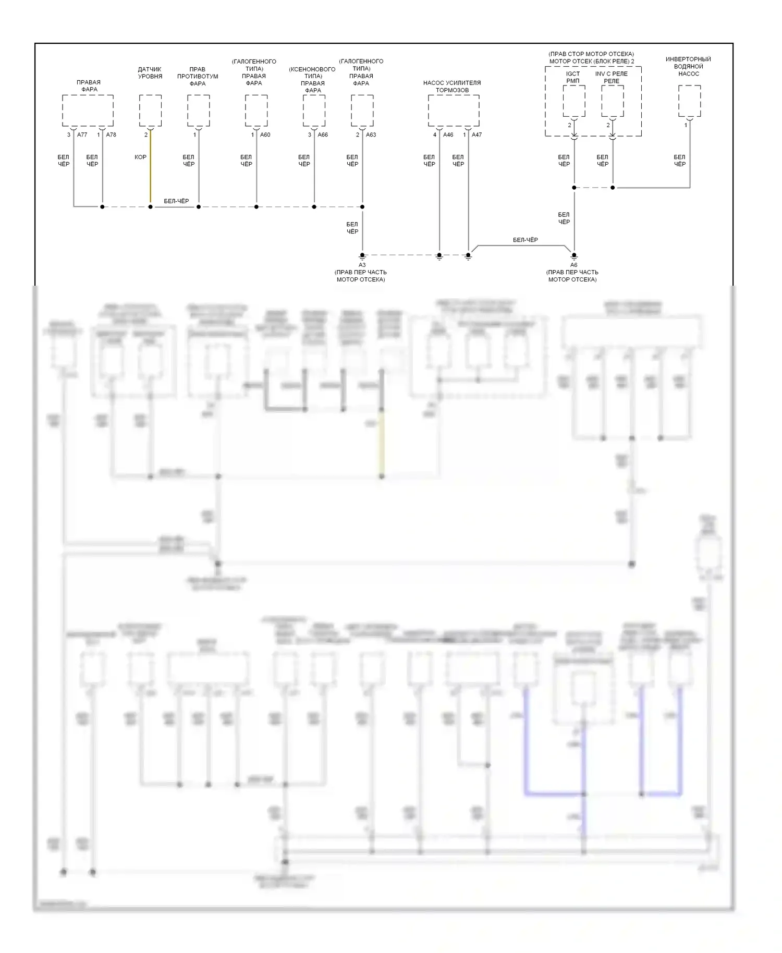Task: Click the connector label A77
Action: click(x=82, y=135)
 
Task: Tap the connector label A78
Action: click(x=111, y=135)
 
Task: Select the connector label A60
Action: click(x=265, y=135)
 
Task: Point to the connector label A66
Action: click(x=323, y=135)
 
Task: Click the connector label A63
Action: click(x=371, y=135)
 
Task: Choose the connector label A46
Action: click(x=448, y=135)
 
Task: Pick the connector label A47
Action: click(x=476, y=135)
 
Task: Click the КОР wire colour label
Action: click(x=141, y=157)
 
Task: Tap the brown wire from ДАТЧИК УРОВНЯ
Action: click(x=150, y=172)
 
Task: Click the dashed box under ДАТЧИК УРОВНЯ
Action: click(x=150, y=111)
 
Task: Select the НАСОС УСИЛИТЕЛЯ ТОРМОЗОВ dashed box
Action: click(x=454, y=111)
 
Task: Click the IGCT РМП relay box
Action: click(x=574, y=101)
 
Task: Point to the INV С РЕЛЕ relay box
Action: click(x=613, y=101)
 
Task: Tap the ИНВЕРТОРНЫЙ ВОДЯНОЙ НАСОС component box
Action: click(x=689, y=101)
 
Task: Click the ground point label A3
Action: click(x=362, y=265)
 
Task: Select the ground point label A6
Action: click(x=573, y=265)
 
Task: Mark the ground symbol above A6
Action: click(x=574, y=256)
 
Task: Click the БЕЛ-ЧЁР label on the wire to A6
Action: click(x=525, y=240)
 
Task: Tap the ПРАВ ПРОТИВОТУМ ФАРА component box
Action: click(x=199, y=111)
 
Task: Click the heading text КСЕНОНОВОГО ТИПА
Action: click(x=312, y=73)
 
